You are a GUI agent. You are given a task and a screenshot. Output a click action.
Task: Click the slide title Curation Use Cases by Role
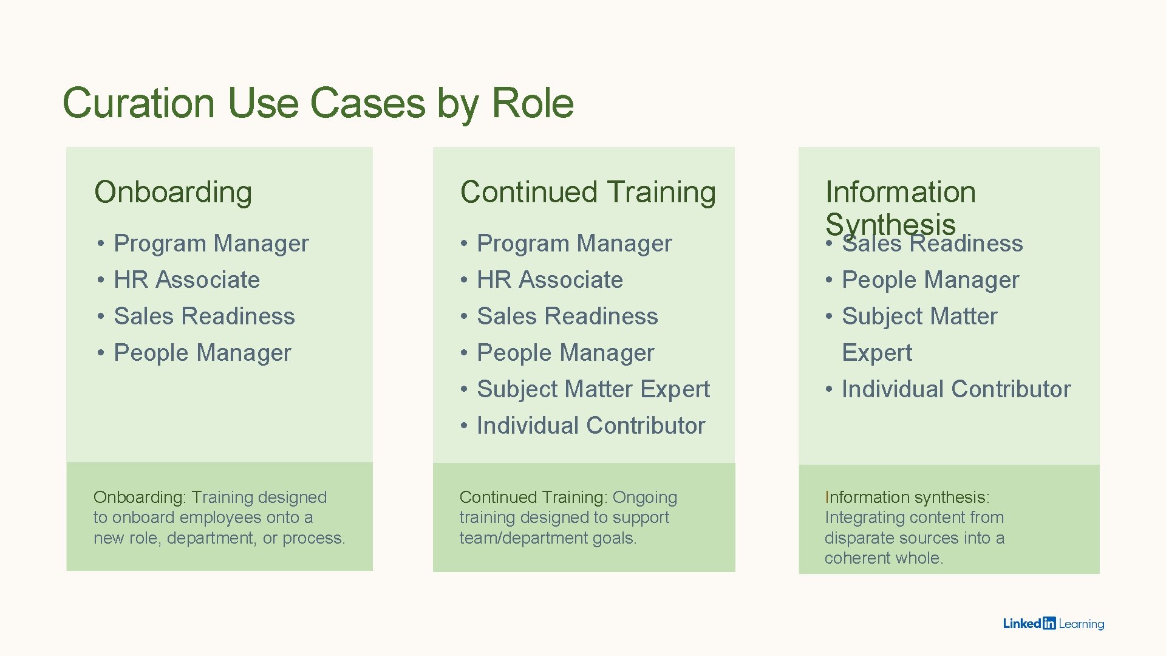click(x=318, y=103)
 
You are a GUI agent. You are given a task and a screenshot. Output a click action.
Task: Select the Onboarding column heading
click(x=173, y=192)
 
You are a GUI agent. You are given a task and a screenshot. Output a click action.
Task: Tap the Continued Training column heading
click(x=588, y=192)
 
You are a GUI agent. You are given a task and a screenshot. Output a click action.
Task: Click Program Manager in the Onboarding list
click(x=211, y=244)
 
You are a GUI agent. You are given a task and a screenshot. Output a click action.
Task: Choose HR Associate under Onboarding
click(x=186, y=280)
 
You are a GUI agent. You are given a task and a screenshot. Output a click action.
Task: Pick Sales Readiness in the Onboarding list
click(x=204, y=316)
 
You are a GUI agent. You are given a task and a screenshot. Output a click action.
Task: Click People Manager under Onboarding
click(x=202, y=353)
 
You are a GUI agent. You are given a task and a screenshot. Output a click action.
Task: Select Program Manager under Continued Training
click(x=574, y=244)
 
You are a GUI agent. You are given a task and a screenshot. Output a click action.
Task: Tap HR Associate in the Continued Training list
click(x=550, y=280)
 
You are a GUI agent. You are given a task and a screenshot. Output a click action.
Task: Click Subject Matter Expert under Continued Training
click(x=593, y=389)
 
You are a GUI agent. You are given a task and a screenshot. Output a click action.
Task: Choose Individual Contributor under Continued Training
click(x=591, y=426)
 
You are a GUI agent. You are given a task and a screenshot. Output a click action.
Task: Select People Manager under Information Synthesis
click(x=930, y=280)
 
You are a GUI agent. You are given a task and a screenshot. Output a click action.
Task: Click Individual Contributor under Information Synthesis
click(x=956, y=389)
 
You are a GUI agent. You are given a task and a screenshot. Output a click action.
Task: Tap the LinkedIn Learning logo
click(x=1054, y=623)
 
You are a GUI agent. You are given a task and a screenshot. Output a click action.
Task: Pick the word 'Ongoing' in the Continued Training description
click(x=644, y=497)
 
